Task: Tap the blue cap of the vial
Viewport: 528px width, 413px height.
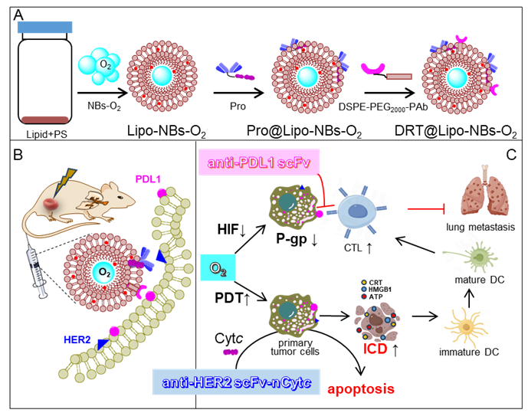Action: (x=47, y=27)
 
